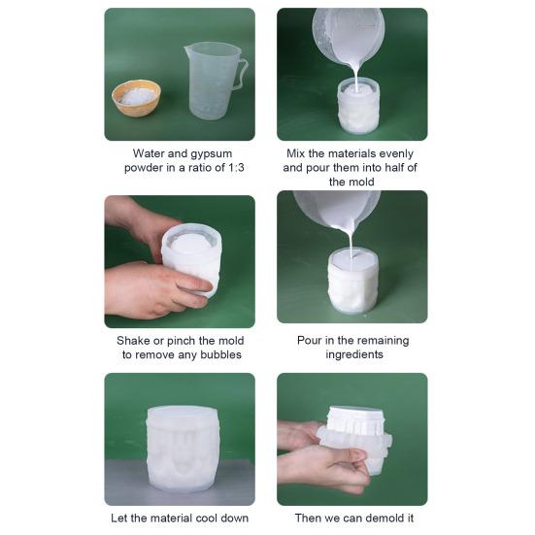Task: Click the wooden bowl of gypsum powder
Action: pyautogui.click(x=136, y=97)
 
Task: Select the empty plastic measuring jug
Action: pyautogui.click(x=211, y=80)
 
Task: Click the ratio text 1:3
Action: pyautogui.click(x=230, y=167)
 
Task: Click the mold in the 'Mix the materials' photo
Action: pyautogui.click(x=358, y=107)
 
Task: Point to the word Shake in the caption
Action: pyautogui.click(x=134, y=340)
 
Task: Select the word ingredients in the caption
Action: pyautogui.click(x=352, y=354)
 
